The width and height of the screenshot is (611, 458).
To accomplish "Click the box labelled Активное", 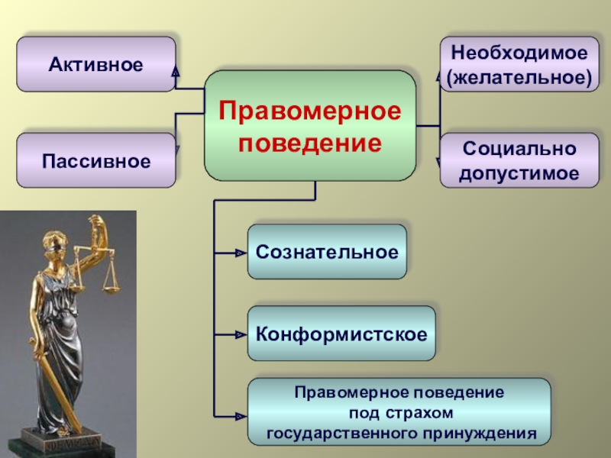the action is click(96, 65).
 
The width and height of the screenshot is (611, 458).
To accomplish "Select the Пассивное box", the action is click(96, 161).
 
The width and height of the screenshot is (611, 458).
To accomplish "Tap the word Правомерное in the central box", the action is click(310, 111).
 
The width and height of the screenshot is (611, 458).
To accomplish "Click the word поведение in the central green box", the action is click(310, 143).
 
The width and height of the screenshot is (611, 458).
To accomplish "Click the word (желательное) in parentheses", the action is click(519, 77).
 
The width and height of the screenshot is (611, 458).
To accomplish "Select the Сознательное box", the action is click(327, 251).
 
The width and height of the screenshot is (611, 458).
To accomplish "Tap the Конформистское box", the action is click(341, 334).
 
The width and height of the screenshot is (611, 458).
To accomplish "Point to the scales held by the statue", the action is click(112, 279).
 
